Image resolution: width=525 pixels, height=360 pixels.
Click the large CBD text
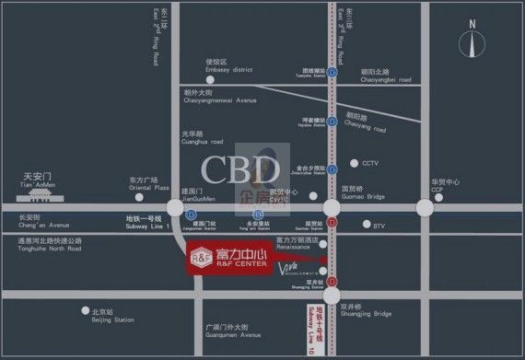(242, 170)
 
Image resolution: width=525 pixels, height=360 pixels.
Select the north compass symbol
(473, 47)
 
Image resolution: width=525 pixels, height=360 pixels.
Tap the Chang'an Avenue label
(42, 221)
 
